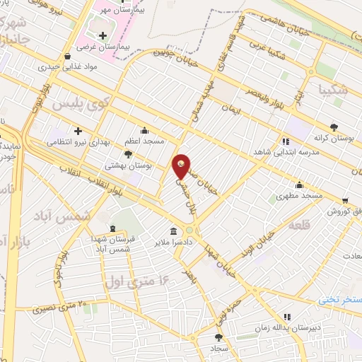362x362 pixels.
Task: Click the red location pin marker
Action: coord(182,166)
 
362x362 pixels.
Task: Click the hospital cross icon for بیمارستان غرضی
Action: coord(104,35)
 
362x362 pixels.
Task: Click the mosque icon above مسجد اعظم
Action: coord(144,130)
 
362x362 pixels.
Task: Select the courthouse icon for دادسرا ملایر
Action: coord(173,230)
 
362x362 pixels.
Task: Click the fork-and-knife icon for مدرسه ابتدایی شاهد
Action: coord(286,141)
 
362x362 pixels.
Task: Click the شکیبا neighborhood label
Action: coord(333,89)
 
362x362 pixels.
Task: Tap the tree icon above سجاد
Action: coord(218,338)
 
